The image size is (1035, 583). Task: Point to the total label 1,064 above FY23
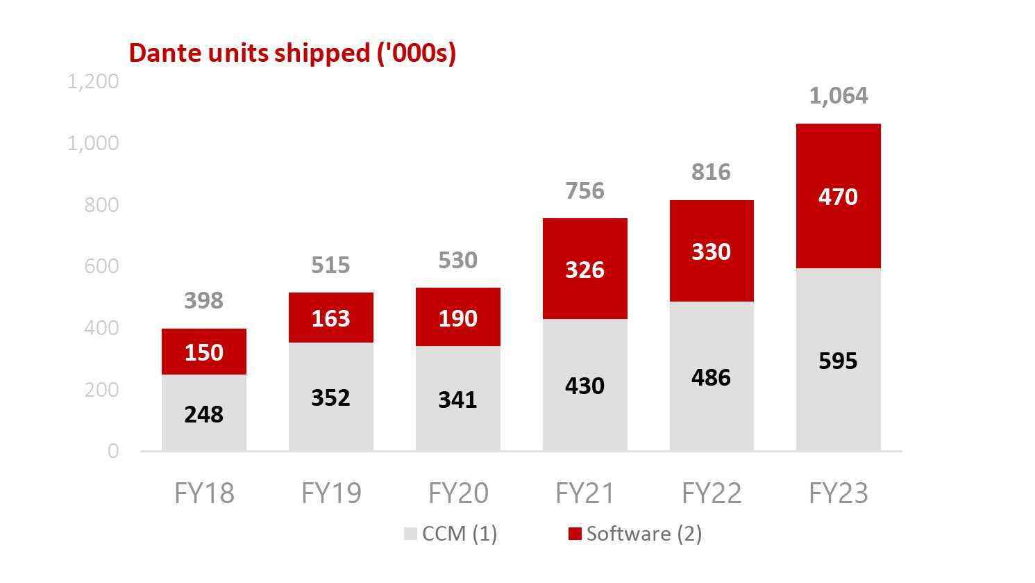coord(838,95)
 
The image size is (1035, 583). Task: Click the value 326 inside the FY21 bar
coord(584,270)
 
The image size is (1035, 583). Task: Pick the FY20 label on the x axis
coord(458,493)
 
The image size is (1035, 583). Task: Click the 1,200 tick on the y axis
coord(93,81)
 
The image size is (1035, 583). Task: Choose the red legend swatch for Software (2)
coord(574,534)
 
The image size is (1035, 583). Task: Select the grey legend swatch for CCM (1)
coord(410,534)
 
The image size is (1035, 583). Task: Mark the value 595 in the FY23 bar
coord(838,361)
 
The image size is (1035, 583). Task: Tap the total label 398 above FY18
coord(203,300)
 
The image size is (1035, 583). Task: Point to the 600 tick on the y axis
coord(101,266)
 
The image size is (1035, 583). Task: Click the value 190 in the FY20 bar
coord(457,318)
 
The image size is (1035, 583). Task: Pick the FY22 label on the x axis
coord(712,493)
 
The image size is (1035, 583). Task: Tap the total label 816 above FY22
coord(711,172)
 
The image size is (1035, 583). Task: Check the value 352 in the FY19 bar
coord(330,397)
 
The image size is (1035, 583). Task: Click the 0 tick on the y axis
coord(113,451)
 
